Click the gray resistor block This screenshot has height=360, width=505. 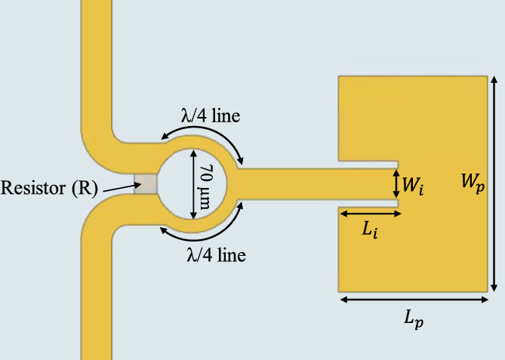coord(146,183)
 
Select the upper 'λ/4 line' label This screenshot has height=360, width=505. coord(212,118)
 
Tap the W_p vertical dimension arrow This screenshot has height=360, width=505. coord(494,183)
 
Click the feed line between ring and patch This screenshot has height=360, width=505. coord(302,183)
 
